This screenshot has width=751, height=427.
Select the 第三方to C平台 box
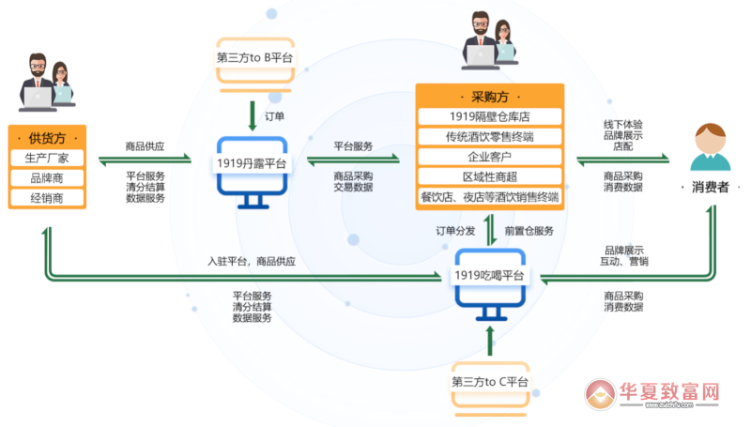[490, 382]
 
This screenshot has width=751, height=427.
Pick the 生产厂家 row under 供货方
[47, 157]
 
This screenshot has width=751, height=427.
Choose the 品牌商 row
[47, 177]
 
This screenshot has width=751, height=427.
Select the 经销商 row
[47, 198]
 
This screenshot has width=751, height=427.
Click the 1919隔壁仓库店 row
[489, 116]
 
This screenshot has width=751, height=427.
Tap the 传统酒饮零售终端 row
[489, 137]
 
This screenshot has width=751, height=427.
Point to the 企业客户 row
[489, 157]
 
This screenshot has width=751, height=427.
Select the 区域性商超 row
[489, 176]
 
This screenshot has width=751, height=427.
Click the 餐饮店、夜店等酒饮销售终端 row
[489, 197]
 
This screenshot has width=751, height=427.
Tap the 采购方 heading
[489, 97]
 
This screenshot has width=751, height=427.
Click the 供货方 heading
[47, 137]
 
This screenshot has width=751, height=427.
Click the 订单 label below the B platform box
[275, 116]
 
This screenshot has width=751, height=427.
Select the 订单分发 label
[454, 231]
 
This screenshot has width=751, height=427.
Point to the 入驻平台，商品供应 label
[252, 262]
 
